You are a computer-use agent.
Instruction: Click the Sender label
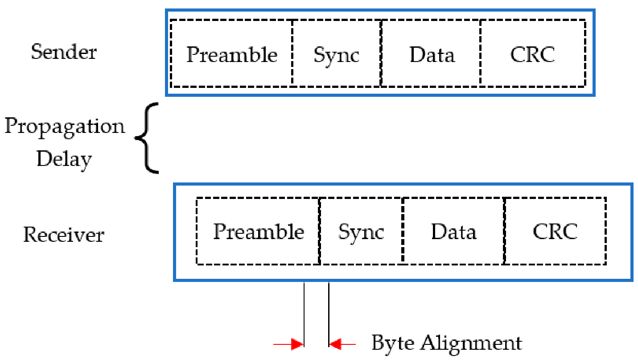pyautogui.click(x=64, y=52)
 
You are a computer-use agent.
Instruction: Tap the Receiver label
pyautogui.click(x=63, y=234)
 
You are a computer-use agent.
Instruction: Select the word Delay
pyautogui.click(x=64, y=160)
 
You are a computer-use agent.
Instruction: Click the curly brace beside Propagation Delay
pyautogui.click(x=146, y=138)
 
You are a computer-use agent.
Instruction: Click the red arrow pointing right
pyautogui.click(x=288, y=344)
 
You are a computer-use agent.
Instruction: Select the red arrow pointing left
pyautogui.click(x=342, y=344)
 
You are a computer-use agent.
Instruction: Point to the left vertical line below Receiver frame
pyautogui.click(x=304, y=314)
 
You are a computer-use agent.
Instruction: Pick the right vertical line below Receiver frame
pyautogui.click(x=329, y=314)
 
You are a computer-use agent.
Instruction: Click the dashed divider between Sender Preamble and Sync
pyautogui.click(x=292, y=53)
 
